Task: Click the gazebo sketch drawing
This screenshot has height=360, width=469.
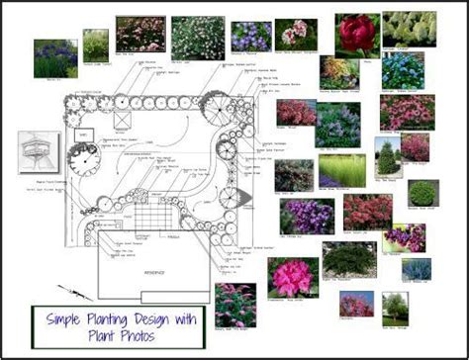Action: (39, 153)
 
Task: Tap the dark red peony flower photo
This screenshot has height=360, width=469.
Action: (356, 34)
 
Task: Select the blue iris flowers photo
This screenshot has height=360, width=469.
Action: (55, 58)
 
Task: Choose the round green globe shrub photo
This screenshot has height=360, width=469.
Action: (422, 193)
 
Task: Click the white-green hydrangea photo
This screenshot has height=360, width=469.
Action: (409, 29)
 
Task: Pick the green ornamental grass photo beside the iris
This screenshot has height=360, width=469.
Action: (96, 45)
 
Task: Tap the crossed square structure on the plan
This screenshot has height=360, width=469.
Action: (121, 121)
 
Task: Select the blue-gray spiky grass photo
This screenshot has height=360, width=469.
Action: (417, 269)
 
